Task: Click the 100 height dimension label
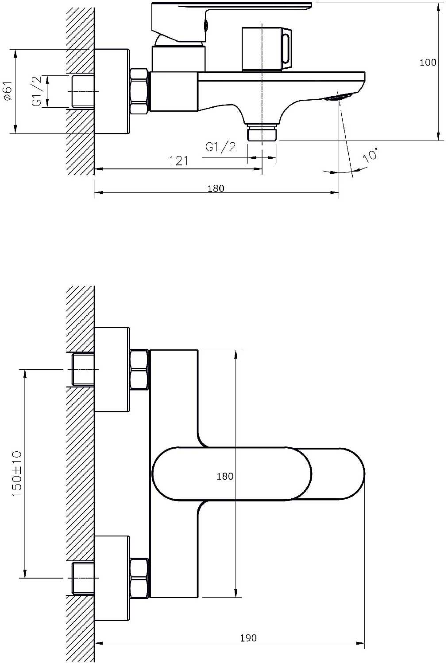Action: click(428, 63)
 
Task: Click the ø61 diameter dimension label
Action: click(7, 91)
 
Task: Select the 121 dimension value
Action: click(178, 160)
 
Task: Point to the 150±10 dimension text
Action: click(17, 473)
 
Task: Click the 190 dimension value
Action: click(248, 638)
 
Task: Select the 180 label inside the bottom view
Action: click(225, 476)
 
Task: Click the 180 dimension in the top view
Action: click(216, 188)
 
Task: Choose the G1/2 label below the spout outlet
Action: click(220, 147)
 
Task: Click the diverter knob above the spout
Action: click(266, 49)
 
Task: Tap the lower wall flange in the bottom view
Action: click(112, 578)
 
